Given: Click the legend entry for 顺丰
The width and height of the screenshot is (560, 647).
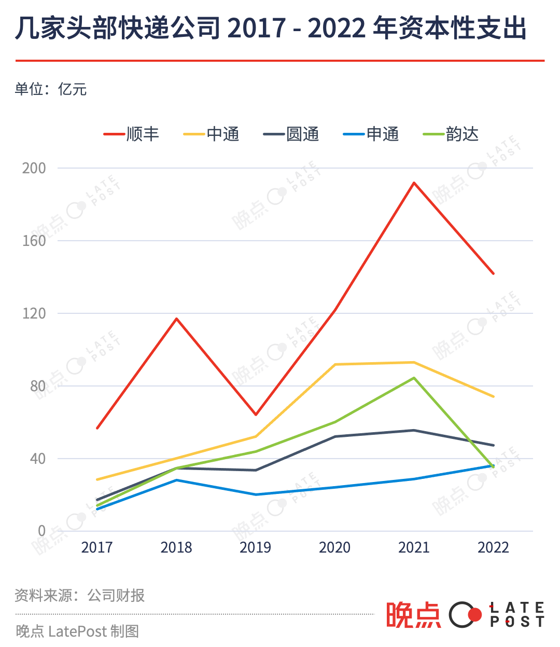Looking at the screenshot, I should point(132,134).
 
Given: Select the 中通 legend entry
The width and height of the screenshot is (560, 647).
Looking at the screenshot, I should point(212,134).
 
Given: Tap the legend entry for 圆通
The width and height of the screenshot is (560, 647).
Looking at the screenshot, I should point(291,134).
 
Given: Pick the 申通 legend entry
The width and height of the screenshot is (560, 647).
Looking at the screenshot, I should point(371,134).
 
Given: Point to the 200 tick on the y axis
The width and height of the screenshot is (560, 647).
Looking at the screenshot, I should point(34,168).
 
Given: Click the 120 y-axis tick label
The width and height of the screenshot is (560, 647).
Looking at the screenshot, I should point(34,313).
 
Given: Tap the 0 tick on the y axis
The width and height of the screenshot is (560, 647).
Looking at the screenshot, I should point(41,531).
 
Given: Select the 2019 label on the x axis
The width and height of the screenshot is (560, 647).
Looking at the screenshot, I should point(255,547).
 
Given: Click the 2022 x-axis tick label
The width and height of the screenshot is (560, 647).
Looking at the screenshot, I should point(493,547).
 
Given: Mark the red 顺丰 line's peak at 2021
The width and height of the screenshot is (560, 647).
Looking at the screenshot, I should point(414,183).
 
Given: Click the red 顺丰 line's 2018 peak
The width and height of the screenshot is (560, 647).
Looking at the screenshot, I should point(176,319).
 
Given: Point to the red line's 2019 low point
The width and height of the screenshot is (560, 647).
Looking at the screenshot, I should point(256,415).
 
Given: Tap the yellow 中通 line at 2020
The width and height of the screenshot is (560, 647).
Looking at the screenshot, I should point(335,364).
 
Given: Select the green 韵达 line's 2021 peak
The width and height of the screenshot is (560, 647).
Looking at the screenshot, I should point(414,378).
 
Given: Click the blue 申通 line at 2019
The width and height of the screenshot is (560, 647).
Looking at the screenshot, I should point(256,494).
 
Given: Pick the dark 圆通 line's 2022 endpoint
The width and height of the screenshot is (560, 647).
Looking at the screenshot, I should point(493,445).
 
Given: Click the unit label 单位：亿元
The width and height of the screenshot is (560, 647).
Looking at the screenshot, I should point(51,89).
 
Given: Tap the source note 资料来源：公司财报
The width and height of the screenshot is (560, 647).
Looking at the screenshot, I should point(80,595).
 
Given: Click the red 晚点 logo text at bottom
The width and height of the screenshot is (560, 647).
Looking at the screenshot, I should point(413,615).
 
